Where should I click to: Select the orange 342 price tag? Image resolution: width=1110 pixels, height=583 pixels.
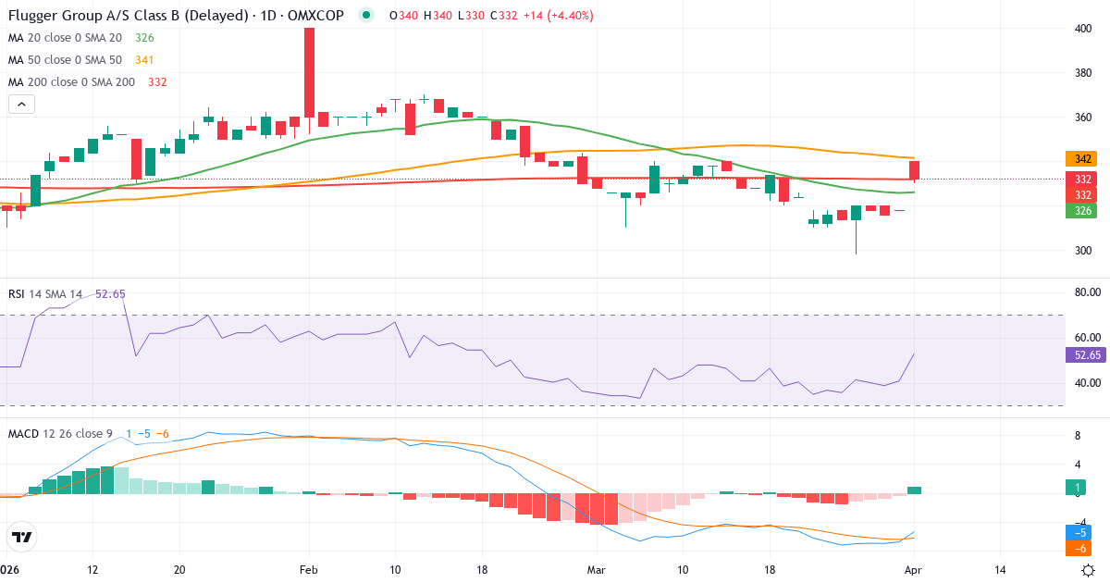point(1080,159)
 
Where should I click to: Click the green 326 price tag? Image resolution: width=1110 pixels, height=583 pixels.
point(1080,211)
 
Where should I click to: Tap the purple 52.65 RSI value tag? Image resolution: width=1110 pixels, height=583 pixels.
point(1083,354)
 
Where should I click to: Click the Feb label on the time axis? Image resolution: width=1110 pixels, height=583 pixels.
point(309,570)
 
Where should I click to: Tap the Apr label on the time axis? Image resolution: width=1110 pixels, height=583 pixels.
point(913,570)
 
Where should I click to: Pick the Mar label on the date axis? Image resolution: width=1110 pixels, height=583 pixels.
point(597,570)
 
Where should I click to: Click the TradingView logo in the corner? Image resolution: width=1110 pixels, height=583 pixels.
point(22,537)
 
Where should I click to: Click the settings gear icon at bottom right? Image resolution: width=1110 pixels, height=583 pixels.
point(1089,570)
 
